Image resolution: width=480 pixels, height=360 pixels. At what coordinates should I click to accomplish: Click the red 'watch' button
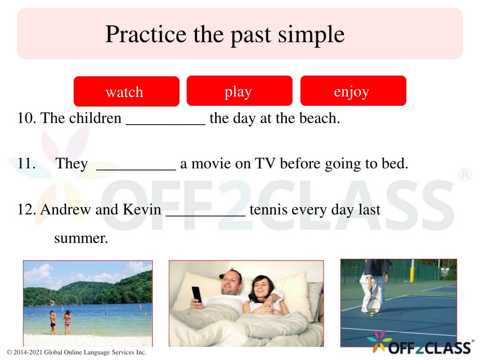tap(127, 91)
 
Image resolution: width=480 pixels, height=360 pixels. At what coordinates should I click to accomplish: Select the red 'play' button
tap(240, 90)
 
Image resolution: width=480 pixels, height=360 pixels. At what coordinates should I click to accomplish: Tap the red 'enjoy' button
tap(353, 90)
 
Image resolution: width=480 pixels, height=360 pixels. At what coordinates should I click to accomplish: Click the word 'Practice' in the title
tap(146, 34)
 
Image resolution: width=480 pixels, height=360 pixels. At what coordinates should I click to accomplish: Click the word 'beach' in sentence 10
tap(317, 118)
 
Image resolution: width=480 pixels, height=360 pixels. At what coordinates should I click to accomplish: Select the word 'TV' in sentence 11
tap(265, 163)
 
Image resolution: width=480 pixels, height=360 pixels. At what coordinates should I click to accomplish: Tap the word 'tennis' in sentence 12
tap(268, 210)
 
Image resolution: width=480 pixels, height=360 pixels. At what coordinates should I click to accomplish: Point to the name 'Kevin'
tap(142, 210)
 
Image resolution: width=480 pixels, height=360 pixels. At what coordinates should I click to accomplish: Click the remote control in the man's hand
tap(196, 294)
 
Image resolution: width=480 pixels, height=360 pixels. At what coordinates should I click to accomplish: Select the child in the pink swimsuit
tap(67, 322)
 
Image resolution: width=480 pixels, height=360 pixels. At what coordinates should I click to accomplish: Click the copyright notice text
tap(76, 352)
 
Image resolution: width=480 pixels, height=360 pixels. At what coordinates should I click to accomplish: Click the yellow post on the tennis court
tap(412, 270)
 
